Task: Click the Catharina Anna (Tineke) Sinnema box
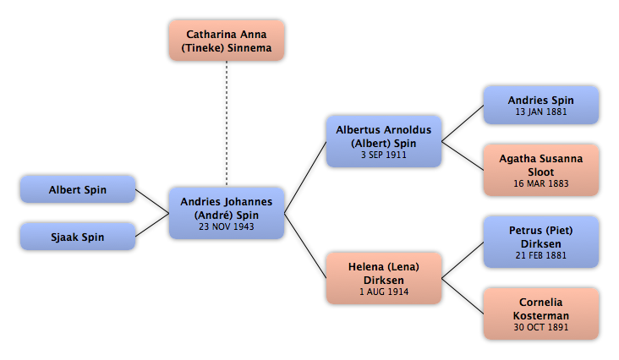[x=227, y=41]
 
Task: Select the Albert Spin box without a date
[x=78, y=189]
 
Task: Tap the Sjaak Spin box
[x=78, y=237]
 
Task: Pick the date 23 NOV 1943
[x=226, y=226]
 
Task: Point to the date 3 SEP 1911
[x=384, y=155]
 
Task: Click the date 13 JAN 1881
[x=541, y=112]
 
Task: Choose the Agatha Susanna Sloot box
[x=541, y=170]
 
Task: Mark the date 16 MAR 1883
[x=541, y=183]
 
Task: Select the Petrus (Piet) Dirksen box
[x=541, y=242]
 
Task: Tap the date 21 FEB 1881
[x=541, y=255]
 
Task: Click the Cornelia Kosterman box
[x=541, y=314]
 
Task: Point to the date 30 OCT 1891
[x=541, y=327]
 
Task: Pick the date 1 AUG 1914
[x=384, y=292]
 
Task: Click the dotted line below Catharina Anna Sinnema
[x=227, y=123]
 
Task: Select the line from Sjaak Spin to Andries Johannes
[x=152, y=225]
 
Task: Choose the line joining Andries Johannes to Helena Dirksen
[x=305, y=246]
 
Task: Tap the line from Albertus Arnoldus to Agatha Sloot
[x=463, y=155]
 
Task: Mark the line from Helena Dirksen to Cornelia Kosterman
[x=463, y=296]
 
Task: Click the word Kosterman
[x=541, y=316]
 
